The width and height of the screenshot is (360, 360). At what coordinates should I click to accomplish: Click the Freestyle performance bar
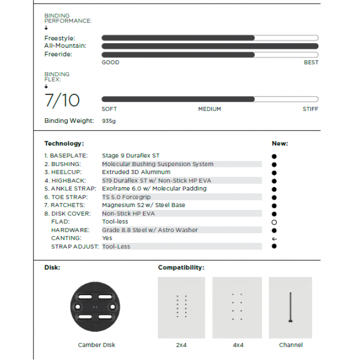[x=210, y=38]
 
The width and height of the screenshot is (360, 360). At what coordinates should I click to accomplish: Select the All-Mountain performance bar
[x=210, y=46]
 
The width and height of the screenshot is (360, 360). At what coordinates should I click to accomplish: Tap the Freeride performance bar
[x=210, y=55]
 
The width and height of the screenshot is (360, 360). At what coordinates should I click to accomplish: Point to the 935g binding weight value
[x=109, y=121]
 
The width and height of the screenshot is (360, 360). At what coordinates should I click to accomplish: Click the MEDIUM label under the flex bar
[x=209, y=109]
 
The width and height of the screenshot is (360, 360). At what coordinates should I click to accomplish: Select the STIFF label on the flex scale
[x=310, y=109]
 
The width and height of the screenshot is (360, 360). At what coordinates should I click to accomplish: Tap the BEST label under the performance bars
[x=311, y=63]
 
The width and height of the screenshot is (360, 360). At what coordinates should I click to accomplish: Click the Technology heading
[x=64, y=143]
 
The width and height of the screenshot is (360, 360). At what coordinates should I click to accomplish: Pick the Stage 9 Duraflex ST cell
[x=131, y=155]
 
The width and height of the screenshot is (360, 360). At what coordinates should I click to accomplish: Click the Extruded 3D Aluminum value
[x=136, y=172]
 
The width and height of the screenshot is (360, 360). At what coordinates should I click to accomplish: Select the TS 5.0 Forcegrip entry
[x=126, y=197]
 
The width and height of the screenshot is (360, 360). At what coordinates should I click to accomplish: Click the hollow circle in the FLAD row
[x=274, y=222]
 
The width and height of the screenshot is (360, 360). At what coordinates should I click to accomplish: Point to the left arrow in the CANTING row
[x=274, y=239]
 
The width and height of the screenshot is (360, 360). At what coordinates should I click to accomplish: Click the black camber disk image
[x=96, y=307]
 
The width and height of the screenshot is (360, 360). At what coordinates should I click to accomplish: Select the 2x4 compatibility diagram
[x=181, y=307]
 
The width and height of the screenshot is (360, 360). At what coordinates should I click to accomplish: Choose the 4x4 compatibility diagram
[x=237, y=307]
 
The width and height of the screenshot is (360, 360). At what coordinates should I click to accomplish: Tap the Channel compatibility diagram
[x=291, y=307]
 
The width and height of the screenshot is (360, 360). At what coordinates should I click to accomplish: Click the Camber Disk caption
[x=96, y=345]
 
